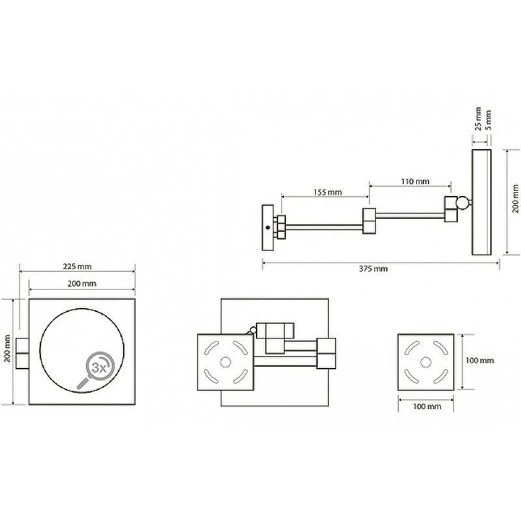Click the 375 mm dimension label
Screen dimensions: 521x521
373,268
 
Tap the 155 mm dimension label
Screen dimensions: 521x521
328,192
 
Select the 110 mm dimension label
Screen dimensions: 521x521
415,182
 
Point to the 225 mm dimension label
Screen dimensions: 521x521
77,266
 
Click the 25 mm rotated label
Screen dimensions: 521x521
478,119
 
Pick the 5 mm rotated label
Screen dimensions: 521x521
488,120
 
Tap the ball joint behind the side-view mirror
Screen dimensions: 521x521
462,202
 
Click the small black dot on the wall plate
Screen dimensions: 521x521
268,227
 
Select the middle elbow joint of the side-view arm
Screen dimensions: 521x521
369,221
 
